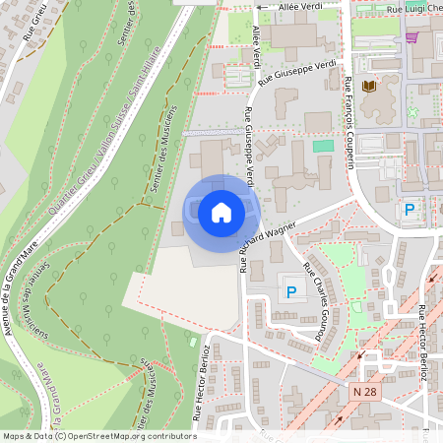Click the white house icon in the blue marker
pos(221,212)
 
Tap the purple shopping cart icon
pos(411,37)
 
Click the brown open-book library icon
pos(369,88)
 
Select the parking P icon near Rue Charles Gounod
pos(291,291)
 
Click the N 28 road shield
pos(363,392)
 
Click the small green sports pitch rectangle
pos(323,146)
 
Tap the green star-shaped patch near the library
pos(412,112)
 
